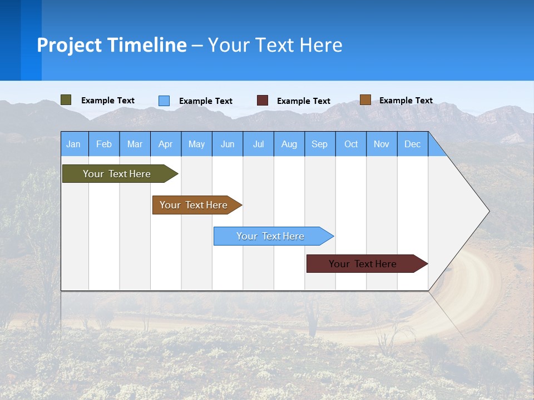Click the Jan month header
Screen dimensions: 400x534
pos(74,144)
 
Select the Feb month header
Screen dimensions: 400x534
pos(104,144)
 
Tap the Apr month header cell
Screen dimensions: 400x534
pos(166,144)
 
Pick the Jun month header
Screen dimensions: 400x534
pos(228,144)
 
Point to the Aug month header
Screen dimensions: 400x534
pos(289,144)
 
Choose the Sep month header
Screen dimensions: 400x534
pos(320,144)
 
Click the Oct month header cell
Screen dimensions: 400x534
pos(351,144)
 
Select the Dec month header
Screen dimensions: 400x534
pos(413,144)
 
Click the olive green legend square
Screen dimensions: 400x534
pos(66,100)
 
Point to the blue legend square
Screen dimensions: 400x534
pos(164,101)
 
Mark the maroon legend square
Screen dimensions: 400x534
pos(263,101)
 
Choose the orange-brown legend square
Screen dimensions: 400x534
pos(365,100)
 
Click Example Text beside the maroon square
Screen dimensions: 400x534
pos(304,101)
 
